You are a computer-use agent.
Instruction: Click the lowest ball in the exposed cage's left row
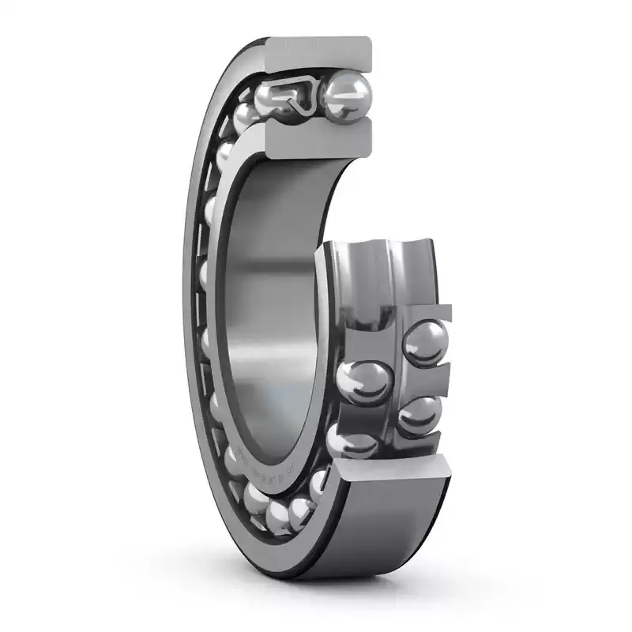(352, 438)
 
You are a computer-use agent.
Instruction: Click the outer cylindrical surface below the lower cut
(379, 537)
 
